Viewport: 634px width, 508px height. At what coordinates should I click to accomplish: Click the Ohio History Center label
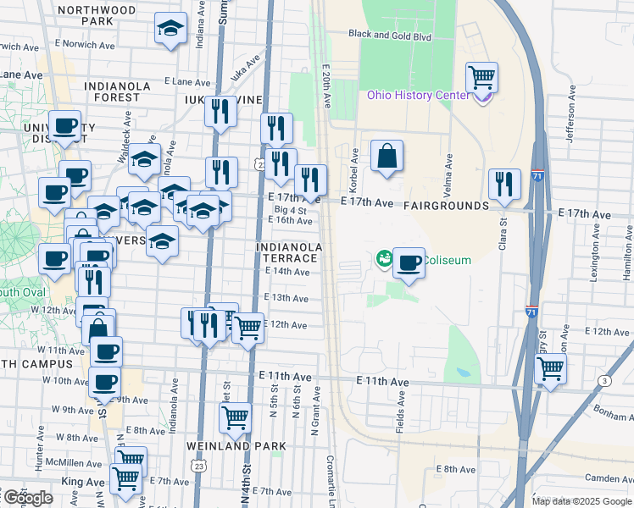[418, 94]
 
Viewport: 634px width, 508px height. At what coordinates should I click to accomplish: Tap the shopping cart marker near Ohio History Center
[481, 78]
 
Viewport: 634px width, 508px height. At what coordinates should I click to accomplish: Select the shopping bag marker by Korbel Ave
[387, 157]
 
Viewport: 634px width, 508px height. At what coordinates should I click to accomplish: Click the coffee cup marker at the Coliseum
[409, 263]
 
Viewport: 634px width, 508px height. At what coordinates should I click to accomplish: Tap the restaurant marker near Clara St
[504, 185]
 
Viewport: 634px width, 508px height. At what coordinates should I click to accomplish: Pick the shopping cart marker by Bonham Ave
[551, 368]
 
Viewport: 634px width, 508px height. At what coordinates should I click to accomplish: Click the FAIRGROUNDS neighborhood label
[446, 206]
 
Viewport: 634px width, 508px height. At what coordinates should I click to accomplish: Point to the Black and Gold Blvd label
[390, 36]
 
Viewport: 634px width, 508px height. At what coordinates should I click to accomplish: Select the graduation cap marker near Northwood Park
[170, 28]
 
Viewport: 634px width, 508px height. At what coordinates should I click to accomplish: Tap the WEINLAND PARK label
[221, 446]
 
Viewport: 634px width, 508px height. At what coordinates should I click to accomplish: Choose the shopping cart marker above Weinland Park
[235, 417]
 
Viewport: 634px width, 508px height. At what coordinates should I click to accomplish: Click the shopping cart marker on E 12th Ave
[247, 327]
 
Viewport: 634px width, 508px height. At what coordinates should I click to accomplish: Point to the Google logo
[28, 498]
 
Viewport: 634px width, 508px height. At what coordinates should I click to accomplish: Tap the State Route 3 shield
[603, 382]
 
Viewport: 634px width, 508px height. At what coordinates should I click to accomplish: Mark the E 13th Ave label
[285, 298]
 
